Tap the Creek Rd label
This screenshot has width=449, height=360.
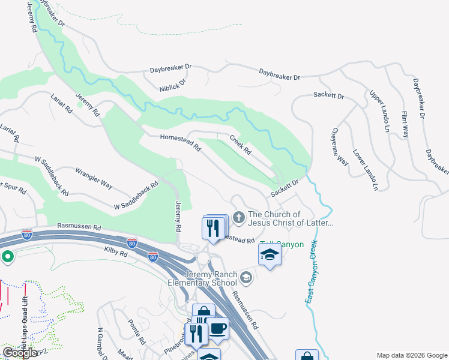(240, 145)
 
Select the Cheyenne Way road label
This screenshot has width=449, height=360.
(340, 146)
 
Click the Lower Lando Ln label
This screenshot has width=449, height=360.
(365, 170)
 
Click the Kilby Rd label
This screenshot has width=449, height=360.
(116, 254)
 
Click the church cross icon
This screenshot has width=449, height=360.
(239, 217)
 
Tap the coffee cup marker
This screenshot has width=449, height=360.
(217, 328)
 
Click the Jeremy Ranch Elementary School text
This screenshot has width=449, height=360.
(210, 278)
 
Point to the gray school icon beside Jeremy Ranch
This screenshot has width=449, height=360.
(246, 277)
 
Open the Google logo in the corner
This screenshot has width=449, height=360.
(20, 352)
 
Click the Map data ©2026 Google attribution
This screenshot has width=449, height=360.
(411, 355)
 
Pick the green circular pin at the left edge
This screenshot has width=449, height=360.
(7, 257)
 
